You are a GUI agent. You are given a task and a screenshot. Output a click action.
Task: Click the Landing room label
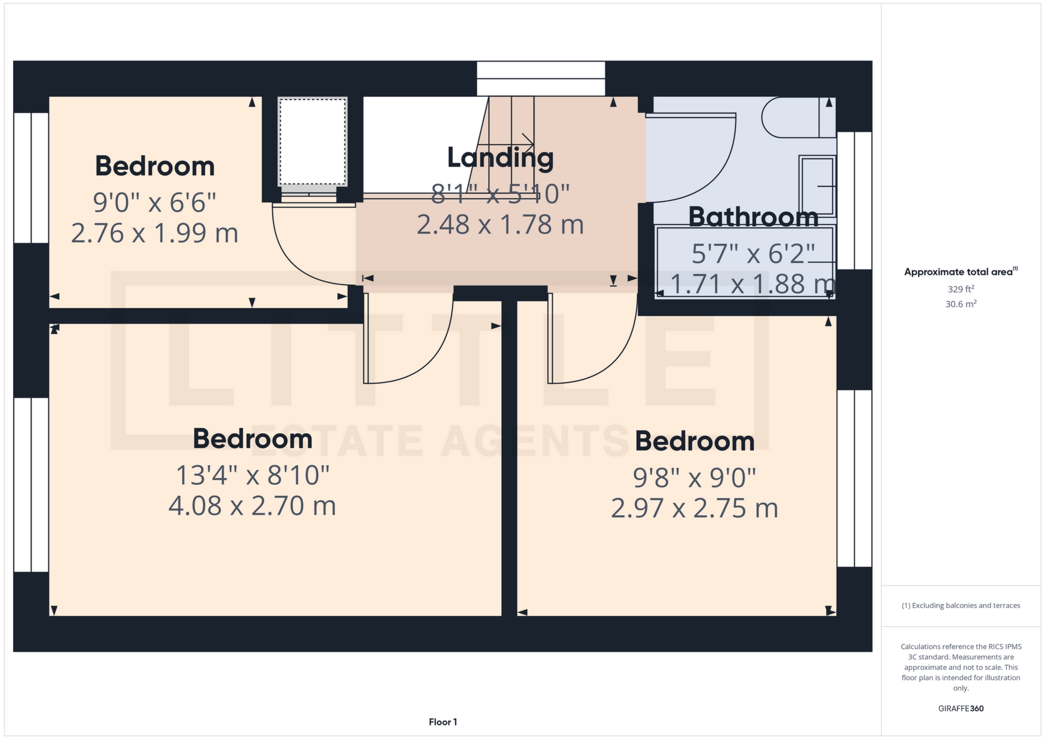click(x=500, y=158)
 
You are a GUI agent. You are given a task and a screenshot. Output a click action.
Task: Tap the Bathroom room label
click(x=753, y=217)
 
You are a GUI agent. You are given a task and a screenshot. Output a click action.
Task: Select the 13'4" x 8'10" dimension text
click(x=253, y=475)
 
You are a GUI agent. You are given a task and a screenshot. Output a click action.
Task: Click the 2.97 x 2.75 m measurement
click(x=694, y=508)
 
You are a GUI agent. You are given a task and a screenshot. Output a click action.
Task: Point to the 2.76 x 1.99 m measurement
click(x=155, y=233)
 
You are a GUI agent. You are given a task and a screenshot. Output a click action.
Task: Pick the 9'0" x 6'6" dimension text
click(x=155, y=202)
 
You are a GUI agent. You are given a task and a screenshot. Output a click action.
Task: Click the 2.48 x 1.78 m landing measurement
click(x=500, y=225)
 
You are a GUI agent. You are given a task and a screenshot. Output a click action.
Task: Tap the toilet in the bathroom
click(x=798, y=118)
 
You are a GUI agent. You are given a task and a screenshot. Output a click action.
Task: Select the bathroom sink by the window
click(x=817, y=186)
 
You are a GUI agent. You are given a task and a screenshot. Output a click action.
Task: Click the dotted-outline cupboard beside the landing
click(x=312, y=141)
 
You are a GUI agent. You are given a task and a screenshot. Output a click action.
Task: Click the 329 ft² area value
click(x=961, y=289)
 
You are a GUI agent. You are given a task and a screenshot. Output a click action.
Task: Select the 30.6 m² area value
click(x=961, y=304)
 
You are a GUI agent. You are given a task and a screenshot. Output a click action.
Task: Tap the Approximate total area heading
click(x=961, y=272)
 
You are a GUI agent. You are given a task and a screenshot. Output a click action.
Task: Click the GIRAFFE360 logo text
click(x=961, y=709)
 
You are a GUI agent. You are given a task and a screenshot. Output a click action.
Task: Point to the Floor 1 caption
click(x=443, y=722)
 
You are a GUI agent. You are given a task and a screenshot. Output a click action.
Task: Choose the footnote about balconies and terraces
click(x=961, y=606)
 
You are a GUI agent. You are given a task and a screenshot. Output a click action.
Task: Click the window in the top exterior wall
click(x=541, y=79)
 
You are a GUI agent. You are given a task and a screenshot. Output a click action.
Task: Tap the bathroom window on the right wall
click(x=854, y=200)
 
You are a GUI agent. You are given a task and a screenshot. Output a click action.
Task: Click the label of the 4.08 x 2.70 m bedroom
click(x=253, y=439)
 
